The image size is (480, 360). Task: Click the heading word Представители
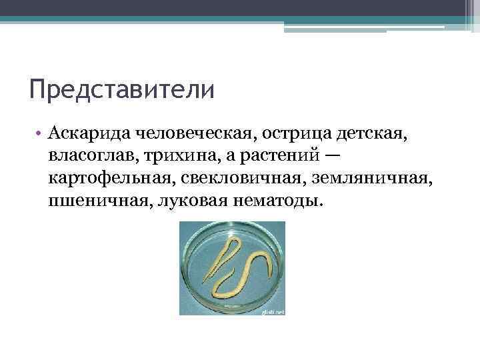pyautogui.click(x=121, y=89)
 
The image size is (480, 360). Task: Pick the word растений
pyautogui.click(x=279, y=157)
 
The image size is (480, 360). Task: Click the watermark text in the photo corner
pyautogui.click(x=272, y=311)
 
